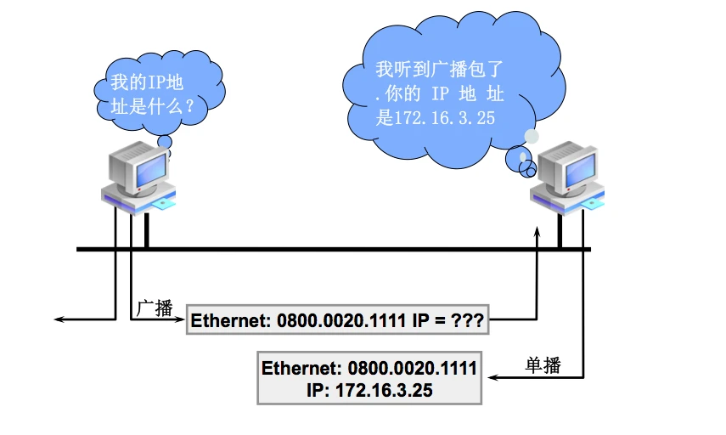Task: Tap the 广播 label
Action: [x=154, y=308]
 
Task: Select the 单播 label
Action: [x=543, y=366]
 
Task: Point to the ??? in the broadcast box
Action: [x=468, y=321]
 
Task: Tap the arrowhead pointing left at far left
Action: [x=59, y=320]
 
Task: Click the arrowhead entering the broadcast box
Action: [x=180, y=320]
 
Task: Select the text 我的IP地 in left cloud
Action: [x=146, y=83]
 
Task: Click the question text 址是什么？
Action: [x=146, y=107]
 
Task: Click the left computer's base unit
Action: [x=139, y=201]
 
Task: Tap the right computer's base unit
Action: [x=570, y=201]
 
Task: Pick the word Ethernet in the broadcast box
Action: [x=225, y=321]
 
